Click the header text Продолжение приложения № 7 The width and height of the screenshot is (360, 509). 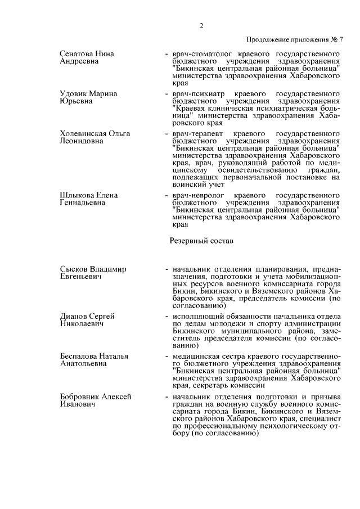[x=294, y=39]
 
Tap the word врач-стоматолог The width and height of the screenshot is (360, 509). [x=200, y=54]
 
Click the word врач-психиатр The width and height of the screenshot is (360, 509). [x=197, y=93]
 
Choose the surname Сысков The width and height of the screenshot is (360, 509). [x=74, y=269]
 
